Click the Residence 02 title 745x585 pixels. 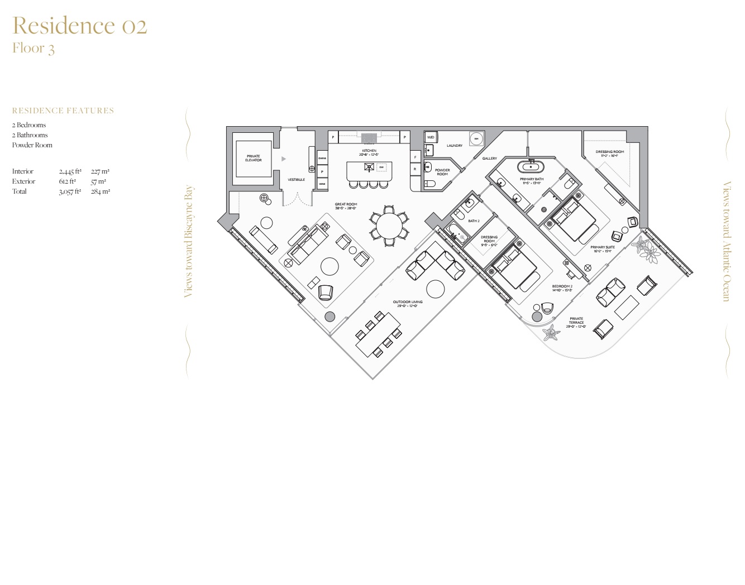79,26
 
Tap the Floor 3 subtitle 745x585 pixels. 34,49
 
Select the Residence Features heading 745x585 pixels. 63,111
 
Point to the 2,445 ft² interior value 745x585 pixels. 70,171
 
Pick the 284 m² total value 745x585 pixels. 101,191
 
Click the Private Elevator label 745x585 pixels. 253,159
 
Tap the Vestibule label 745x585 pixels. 296,180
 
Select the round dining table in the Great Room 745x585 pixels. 389,226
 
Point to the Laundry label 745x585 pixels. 454,146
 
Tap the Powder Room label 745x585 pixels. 442,172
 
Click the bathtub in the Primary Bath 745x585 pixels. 531,166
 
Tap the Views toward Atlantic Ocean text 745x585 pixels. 727,241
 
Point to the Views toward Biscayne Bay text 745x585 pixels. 189,241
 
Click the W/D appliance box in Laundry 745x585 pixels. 431,137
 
